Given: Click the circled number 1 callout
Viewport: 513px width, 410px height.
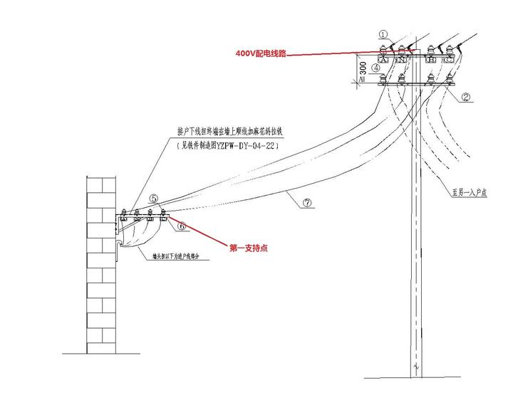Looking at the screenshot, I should (383, 33).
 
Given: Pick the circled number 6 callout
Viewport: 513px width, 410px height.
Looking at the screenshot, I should (182, 226).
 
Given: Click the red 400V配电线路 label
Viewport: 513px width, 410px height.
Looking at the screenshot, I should (261, 53).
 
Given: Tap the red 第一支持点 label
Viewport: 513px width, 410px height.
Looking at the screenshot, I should (249, 248).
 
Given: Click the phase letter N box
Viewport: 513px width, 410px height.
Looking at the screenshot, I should (402, 60).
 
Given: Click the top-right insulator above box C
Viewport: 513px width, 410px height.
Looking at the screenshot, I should (449, 48).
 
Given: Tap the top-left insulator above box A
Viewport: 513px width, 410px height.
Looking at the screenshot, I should (385, 48).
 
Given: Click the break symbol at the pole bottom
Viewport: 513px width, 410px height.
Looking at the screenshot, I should (415, 367).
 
